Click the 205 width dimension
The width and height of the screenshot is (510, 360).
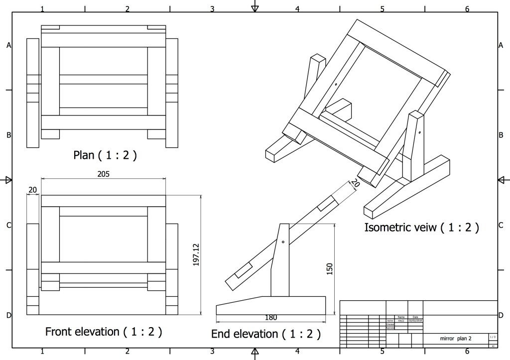point(104,174)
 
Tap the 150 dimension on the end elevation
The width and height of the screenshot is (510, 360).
point(329,268)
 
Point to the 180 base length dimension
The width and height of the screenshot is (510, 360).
point(271,317)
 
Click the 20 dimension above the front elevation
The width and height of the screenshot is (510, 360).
point(33,190)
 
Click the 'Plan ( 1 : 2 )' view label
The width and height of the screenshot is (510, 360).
point(105,155)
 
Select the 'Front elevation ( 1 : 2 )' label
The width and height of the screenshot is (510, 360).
point(104,331)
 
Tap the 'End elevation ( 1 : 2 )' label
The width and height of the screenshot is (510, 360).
point(265,333)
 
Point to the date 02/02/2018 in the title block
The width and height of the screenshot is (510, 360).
point(415,321)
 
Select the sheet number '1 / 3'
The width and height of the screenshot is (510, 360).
point(492,337)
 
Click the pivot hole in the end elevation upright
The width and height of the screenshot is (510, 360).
point(283,242)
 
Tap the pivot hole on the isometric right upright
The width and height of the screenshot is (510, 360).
point(420,133)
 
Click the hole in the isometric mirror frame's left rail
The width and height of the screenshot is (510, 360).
point(336,84)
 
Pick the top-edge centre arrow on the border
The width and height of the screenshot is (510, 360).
point(255,6)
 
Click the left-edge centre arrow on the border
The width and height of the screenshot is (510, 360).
point(7,180)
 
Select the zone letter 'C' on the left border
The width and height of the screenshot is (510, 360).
point(8,225)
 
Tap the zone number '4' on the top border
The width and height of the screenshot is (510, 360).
point(297,8)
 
